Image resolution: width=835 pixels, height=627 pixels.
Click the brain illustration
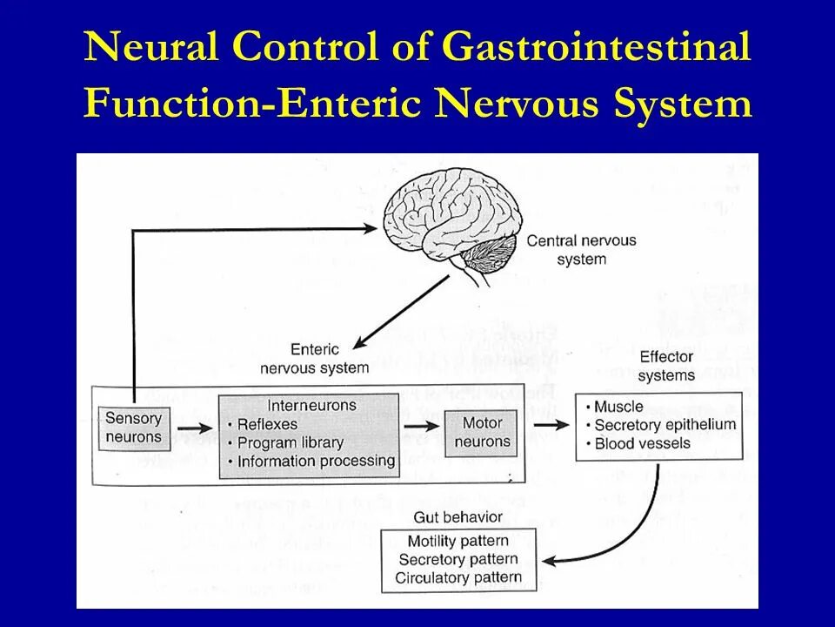coord(453,221)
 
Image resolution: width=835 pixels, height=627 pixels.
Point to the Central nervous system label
coord(582,250)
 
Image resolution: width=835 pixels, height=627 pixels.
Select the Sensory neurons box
coord(133,428)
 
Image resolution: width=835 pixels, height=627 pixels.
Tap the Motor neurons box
coord(483,432)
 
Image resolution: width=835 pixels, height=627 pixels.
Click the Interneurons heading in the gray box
coord(311,405)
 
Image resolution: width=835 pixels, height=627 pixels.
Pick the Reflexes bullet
coord(264,424)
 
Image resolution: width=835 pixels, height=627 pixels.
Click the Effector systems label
coord(666,366)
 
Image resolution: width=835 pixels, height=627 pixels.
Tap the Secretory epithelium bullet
coord(665,425)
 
